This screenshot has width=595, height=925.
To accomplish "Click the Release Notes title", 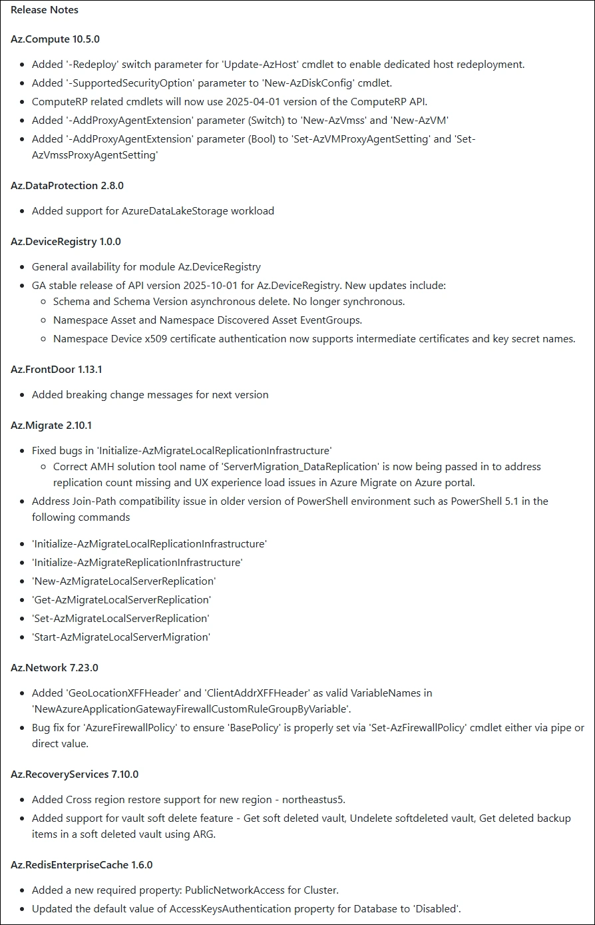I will tap(45, 10).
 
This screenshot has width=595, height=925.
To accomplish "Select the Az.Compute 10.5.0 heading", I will tap(55, 39).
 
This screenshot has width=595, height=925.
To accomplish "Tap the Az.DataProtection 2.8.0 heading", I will tap(67, 185).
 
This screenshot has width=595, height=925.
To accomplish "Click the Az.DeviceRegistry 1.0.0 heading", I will tap(66, 241).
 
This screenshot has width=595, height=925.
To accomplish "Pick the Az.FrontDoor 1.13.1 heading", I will tap(56, 369).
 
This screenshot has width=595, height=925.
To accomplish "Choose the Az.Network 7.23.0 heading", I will tap(55, 667).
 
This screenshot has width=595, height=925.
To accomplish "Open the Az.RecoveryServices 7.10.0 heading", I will tap(75, 774).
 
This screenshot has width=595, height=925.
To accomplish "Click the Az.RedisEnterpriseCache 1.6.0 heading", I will tap(82, 864).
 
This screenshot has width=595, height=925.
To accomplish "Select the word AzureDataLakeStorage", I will tap(175, 211).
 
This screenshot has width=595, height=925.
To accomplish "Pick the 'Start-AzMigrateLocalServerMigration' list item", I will tap(121, 637).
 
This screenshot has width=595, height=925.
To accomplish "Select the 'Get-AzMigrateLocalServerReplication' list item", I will tap(121, 600).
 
